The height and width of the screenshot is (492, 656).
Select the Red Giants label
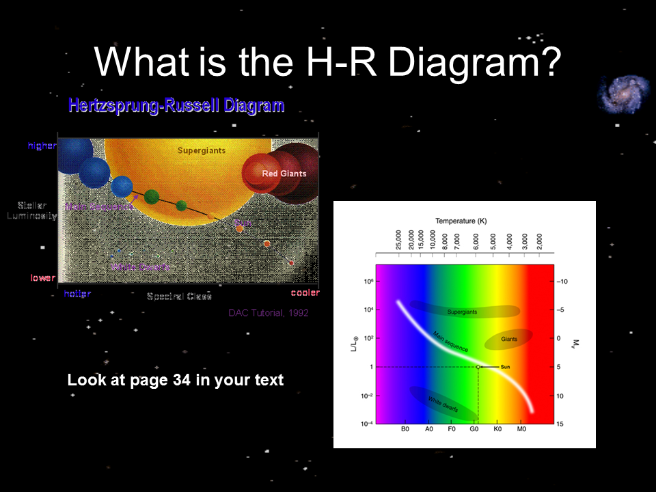(x=284, y=174)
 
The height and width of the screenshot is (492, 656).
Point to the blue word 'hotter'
(x=77, y=293)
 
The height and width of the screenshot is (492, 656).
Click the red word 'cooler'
(x=305, y=293)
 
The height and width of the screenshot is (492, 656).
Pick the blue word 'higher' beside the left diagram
(x=42, y=146)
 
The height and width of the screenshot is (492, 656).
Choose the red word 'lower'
(x=42, y=278)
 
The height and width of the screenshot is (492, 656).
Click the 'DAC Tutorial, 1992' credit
(x=269, y=313)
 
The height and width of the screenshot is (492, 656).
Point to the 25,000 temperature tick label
(x=398, y=241)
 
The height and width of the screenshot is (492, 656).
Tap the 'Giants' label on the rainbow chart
(x=509, y=338)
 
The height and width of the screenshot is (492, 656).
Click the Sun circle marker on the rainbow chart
(x=478, y=367)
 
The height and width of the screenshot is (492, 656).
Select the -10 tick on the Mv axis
(x=562, y=281)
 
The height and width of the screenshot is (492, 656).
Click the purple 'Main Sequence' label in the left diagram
(x=98, y=206)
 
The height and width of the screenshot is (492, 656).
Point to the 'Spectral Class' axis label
(x=179, y=297)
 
